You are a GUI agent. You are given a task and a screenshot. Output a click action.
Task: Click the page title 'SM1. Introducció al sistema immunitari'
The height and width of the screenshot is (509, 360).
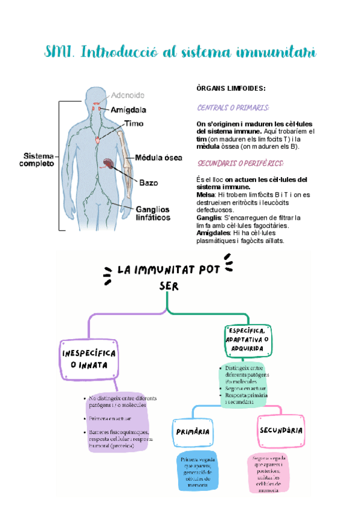pyautogui.click(x=181, y=53)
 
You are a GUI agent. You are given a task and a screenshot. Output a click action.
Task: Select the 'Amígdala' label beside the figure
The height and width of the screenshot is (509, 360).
pyautogui.click(x=128, y=110)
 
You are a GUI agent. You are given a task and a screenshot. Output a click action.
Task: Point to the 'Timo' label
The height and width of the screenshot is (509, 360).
pyautogui.click(x=133, y=124)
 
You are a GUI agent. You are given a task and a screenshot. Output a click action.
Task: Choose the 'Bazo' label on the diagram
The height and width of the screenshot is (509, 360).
pyautogui.click(x=148, y=182)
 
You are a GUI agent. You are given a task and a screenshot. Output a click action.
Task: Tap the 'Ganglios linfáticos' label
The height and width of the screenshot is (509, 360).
pyautogui.click(x=152, y=213)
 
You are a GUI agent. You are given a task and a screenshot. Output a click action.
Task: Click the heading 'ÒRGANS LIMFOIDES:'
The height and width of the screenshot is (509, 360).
pyautogui.click(x=231, y=88)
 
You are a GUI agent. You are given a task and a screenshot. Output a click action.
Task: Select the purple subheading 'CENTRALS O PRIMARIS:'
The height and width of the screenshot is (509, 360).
pyautogui.click(x=233, y=108)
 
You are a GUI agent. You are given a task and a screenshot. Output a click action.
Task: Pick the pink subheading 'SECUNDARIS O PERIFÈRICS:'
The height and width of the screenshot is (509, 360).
pyautogui.click(x=240, y=163)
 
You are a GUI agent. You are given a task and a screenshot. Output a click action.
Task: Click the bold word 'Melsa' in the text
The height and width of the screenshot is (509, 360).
pyautogui.click(x=206, y=194)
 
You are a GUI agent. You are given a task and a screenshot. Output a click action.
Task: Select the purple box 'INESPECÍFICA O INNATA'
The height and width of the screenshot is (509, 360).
pyautogui.click(x=89, y=358)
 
